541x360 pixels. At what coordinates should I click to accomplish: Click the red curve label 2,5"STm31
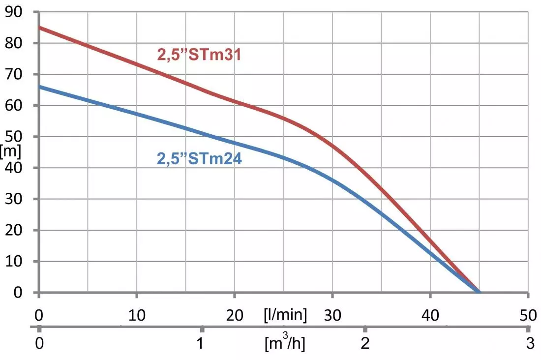point(199,54)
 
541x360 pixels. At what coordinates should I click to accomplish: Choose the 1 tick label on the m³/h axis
point(201,343)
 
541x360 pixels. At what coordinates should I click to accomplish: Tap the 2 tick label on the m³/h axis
point(365,343)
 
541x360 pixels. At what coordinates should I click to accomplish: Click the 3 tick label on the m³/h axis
point(529,343)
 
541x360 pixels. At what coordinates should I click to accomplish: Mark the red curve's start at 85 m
point(39,28)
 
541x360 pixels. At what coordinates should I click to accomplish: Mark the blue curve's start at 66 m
point(39,87)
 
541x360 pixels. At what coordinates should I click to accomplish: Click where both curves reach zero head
point(479,292)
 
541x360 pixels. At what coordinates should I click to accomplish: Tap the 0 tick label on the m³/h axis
point(39,343)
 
